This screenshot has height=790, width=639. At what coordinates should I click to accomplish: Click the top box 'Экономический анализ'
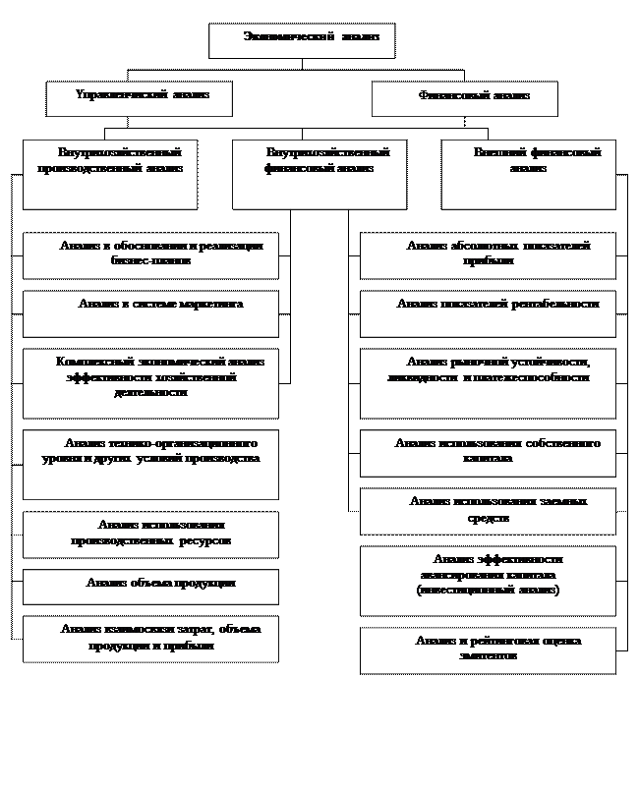pyautogui.click(x=302, y=40)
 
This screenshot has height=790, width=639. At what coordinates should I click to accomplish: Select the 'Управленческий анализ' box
pyautogui.click(x=141, y=98)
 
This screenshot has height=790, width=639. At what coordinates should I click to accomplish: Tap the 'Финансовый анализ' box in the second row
pyautogui.click(x=465, y=98)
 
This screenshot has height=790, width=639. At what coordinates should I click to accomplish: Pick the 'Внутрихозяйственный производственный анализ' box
pyautogui.click(x=110, y=174)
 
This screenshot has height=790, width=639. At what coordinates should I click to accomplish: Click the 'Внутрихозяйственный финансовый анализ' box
pyautogui.click(x=319, y=174)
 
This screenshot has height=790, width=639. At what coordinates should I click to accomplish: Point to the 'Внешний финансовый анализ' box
pyautogui.click(x=529, y=174)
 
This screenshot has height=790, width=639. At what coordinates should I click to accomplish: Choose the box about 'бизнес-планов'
pyautogui.click(x=150, y=255)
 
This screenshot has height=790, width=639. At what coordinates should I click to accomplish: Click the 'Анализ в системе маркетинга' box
pyautogui.click(x=150, y=313)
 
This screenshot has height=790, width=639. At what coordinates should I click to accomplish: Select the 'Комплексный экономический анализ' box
pyautogui.click(x=150, y=382)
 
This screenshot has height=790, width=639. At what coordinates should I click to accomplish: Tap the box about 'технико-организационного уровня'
pyautogui.click(x=150, y=464)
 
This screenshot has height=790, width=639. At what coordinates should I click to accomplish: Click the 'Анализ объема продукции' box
pyautogui.click(x=150, y=587)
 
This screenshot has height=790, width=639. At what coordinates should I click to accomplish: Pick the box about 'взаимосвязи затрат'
pyautogui.click(x=150, y=639)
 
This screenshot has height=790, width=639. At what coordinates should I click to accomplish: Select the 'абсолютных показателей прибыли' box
pyautogui.click(x=488, y=255)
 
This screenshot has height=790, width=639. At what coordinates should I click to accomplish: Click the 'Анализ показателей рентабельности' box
pyautogui.click(x=488, y=313)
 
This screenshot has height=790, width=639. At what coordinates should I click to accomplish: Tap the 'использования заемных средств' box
pyautogui.click(x=488, y=511)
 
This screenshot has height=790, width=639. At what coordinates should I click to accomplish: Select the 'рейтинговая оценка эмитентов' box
pyautogui.click(x=488, y=649)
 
